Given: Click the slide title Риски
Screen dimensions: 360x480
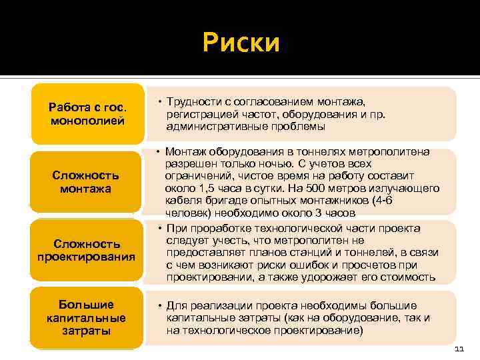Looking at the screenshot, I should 241,44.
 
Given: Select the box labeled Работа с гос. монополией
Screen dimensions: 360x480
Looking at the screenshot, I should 87,113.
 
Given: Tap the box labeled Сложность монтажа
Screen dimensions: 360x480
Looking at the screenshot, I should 87,182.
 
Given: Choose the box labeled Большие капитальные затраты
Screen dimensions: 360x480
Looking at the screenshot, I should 87,317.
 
